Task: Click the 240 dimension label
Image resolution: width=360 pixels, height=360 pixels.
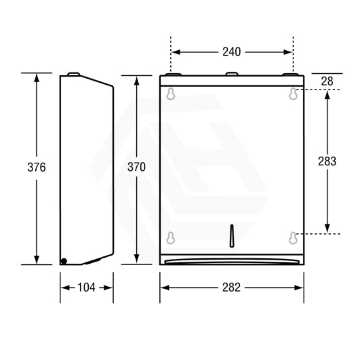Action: (x=232, y=52)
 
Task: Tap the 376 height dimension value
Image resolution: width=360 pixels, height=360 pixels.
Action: (x=36, y=167)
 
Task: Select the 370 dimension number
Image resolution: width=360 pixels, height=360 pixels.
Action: (x=137, y=167)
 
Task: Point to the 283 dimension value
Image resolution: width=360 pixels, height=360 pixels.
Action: (x=327, y=161)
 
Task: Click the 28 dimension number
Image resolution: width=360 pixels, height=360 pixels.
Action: (x=327, y=82)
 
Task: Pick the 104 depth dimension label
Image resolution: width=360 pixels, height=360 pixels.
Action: (x=86, y=287)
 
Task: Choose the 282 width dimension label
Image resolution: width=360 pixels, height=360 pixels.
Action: (x=232, y=287)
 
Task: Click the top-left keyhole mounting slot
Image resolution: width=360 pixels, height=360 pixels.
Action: (x=170, y=94)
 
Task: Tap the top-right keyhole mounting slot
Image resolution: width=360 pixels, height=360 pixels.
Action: (x=293, y=94)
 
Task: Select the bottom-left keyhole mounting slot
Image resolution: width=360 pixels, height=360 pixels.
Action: (x=170, y=238)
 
